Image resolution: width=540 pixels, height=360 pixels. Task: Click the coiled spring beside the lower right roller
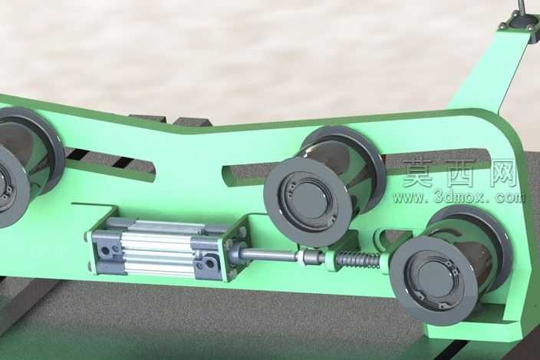coord(358,260)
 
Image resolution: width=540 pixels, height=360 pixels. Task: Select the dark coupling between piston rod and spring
coord(311,257)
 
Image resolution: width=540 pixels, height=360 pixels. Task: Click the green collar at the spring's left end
coord(331,261)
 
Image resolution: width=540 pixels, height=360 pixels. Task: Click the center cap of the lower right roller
coord(435,278)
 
